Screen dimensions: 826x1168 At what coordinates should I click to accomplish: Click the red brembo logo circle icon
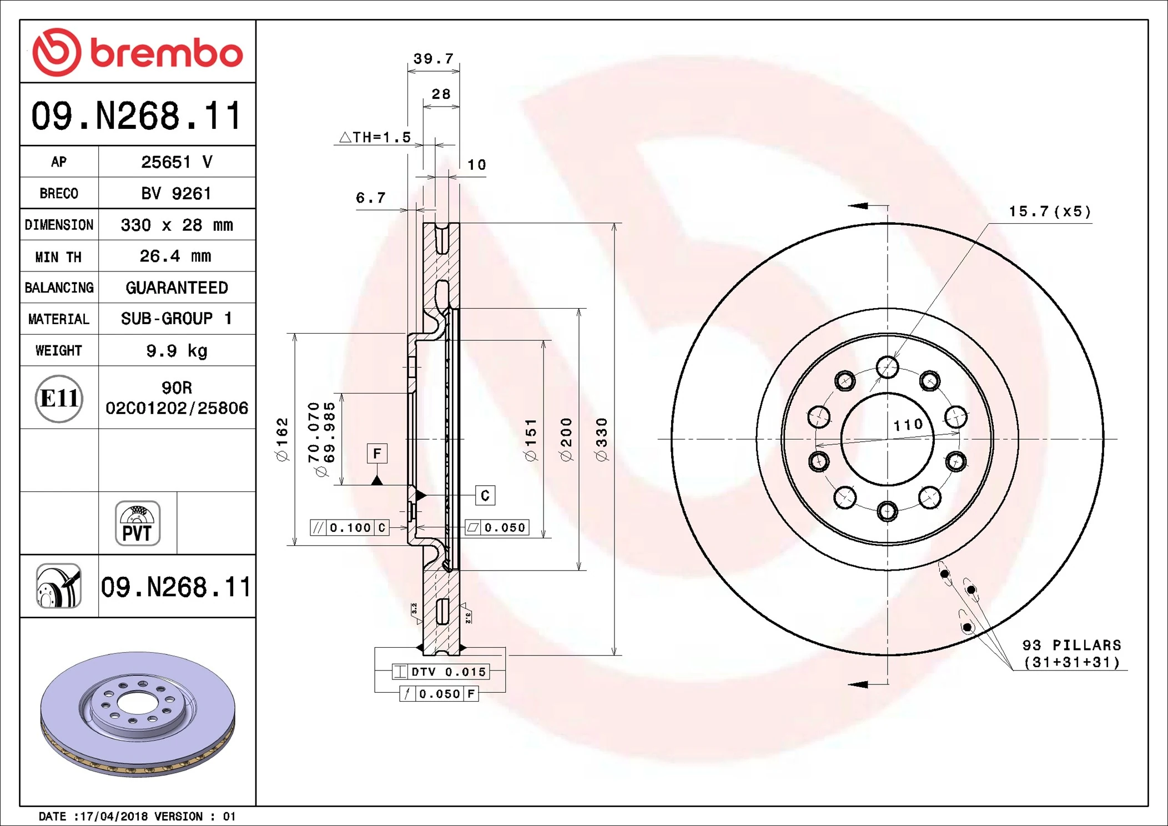tap(57, 52)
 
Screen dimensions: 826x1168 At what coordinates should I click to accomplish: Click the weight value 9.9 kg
tap(177, 351)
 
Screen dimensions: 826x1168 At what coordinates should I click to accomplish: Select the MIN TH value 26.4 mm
tap(175, 256)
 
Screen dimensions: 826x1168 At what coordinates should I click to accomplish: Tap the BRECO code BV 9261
tap(176, 194)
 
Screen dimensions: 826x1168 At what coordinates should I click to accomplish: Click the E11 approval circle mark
tap(59, 399)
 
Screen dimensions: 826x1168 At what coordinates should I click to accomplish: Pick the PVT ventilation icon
tap(138, 523)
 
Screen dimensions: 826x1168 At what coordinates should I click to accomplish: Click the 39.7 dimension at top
tap(434, 59)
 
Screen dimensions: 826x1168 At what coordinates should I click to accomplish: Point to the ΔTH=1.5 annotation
tap(375, 137)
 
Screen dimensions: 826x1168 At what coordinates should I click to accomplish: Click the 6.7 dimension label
tap(370, 198)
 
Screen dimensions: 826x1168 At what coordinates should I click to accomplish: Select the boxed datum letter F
tap(377, 454)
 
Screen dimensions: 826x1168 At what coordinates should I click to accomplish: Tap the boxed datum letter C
tap(485, 495)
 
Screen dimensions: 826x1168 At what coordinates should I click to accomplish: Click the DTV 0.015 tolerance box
tap(440, 672)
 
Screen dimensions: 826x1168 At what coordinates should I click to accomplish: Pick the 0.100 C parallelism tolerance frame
tap(350, 527)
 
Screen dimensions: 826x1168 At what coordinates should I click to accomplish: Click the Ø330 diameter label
tap(602, 440)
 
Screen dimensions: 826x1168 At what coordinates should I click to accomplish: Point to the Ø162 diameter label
tap(282, 440)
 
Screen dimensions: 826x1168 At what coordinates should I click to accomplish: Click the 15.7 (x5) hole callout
tap(1050, 211)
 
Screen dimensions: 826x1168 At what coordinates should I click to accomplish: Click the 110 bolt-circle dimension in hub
tap(908, 425)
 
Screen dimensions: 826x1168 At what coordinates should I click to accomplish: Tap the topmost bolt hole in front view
tap(887, 367)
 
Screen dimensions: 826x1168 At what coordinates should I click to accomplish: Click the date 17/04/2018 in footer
tap(114, 817)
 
